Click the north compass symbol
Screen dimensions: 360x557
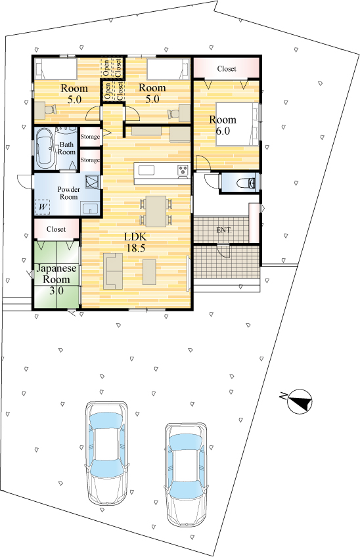[x=299, y=401]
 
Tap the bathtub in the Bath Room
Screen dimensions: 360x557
[x=45, y=149]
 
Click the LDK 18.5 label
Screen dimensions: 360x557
[x=135, y=242]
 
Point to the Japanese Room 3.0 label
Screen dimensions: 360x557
[x=56, y=279]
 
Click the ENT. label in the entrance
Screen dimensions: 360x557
[x=224, y=230]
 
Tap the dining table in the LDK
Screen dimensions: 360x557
[x=156, y=211]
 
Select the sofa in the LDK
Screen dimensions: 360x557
[x=112, y=271]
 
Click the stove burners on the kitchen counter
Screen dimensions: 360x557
[x=183, y=170]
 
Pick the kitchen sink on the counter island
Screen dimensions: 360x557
[x=146, y=171]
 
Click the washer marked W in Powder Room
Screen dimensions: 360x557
[x=42, y=207]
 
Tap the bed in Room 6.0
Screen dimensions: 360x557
[x=237, y=124]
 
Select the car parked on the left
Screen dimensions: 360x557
[x=106, y=453]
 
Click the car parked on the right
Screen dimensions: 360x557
[x=185, y=475]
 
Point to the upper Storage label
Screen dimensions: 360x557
[x=90, y=137]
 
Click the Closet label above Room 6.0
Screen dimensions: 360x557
[x=227, y=68]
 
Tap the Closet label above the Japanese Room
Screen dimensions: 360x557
[x=56, y=229]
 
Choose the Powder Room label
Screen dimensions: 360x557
[x=68, y=193]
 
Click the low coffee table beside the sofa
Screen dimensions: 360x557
[x=149, y=272]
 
